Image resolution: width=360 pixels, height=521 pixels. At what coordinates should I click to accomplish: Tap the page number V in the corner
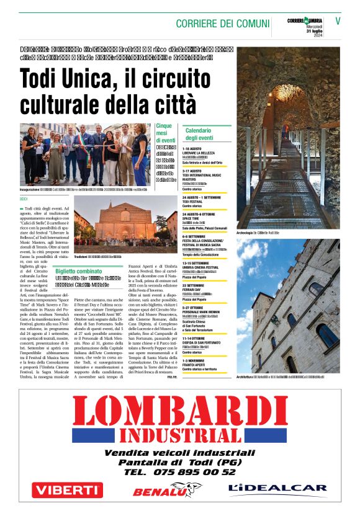pos(338,20)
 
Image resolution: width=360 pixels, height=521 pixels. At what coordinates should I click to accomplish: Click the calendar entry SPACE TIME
pos(192,218)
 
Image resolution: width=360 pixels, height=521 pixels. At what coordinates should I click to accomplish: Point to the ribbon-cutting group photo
pos(85,155)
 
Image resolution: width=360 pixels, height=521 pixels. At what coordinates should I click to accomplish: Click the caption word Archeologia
pos(248,233)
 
